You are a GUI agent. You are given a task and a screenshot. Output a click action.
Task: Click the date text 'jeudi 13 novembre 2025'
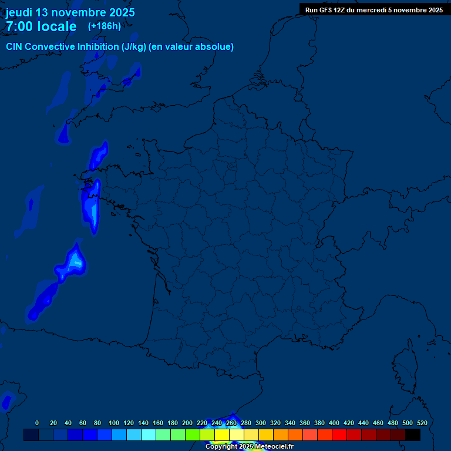pyautogui.click(x=70, y=12)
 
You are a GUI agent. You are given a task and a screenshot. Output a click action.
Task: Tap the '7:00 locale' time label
pyautogui.click(x=41, y=26)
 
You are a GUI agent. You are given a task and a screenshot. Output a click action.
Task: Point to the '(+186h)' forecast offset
pyautogui.click(x=104, y=26)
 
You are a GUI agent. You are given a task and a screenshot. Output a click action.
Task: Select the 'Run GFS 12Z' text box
pyautogui.click(x=374, y=9)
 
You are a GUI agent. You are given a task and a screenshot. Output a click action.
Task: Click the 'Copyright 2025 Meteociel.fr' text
pyautogui.click(x=249, y=447)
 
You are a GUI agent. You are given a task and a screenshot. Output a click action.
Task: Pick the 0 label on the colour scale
pyautogui.click(x=37, y=423)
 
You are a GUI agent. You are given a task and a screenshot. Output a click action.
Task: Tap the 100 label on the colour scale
pyautogui.click(x=114, y=423)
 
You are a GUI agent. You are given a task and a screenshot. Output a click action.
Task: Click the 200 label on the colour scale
pyautogui.click(x=187, y=423)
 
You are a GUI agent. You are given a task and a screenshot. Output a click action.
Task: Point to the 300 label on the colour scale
pyautogui.click(x=261, y=423)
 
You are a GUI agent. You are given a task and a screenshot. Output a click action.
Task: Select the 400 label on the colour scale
pyautogui.click(x=334, y=423)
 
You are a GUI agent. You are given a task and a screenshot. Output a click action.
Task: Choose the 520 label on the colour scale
pyautogui.click(x=422, y=423)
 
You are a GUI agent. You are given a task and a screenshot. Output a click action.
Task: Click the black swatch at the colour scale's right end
pyautogui.click(x=413, y=435)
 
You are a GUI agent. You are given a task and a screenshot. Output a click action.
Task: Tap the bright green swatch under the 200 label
pyautogui.click(x=193, y=435)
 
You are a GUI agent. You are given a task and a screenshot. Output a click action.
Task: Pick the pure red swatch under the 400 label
pyautogui.click(x=339, y=435)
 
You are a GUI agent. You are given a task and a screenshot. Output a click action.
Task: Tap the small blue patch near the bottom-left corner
pyautogui.click(x=6, y=402)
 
